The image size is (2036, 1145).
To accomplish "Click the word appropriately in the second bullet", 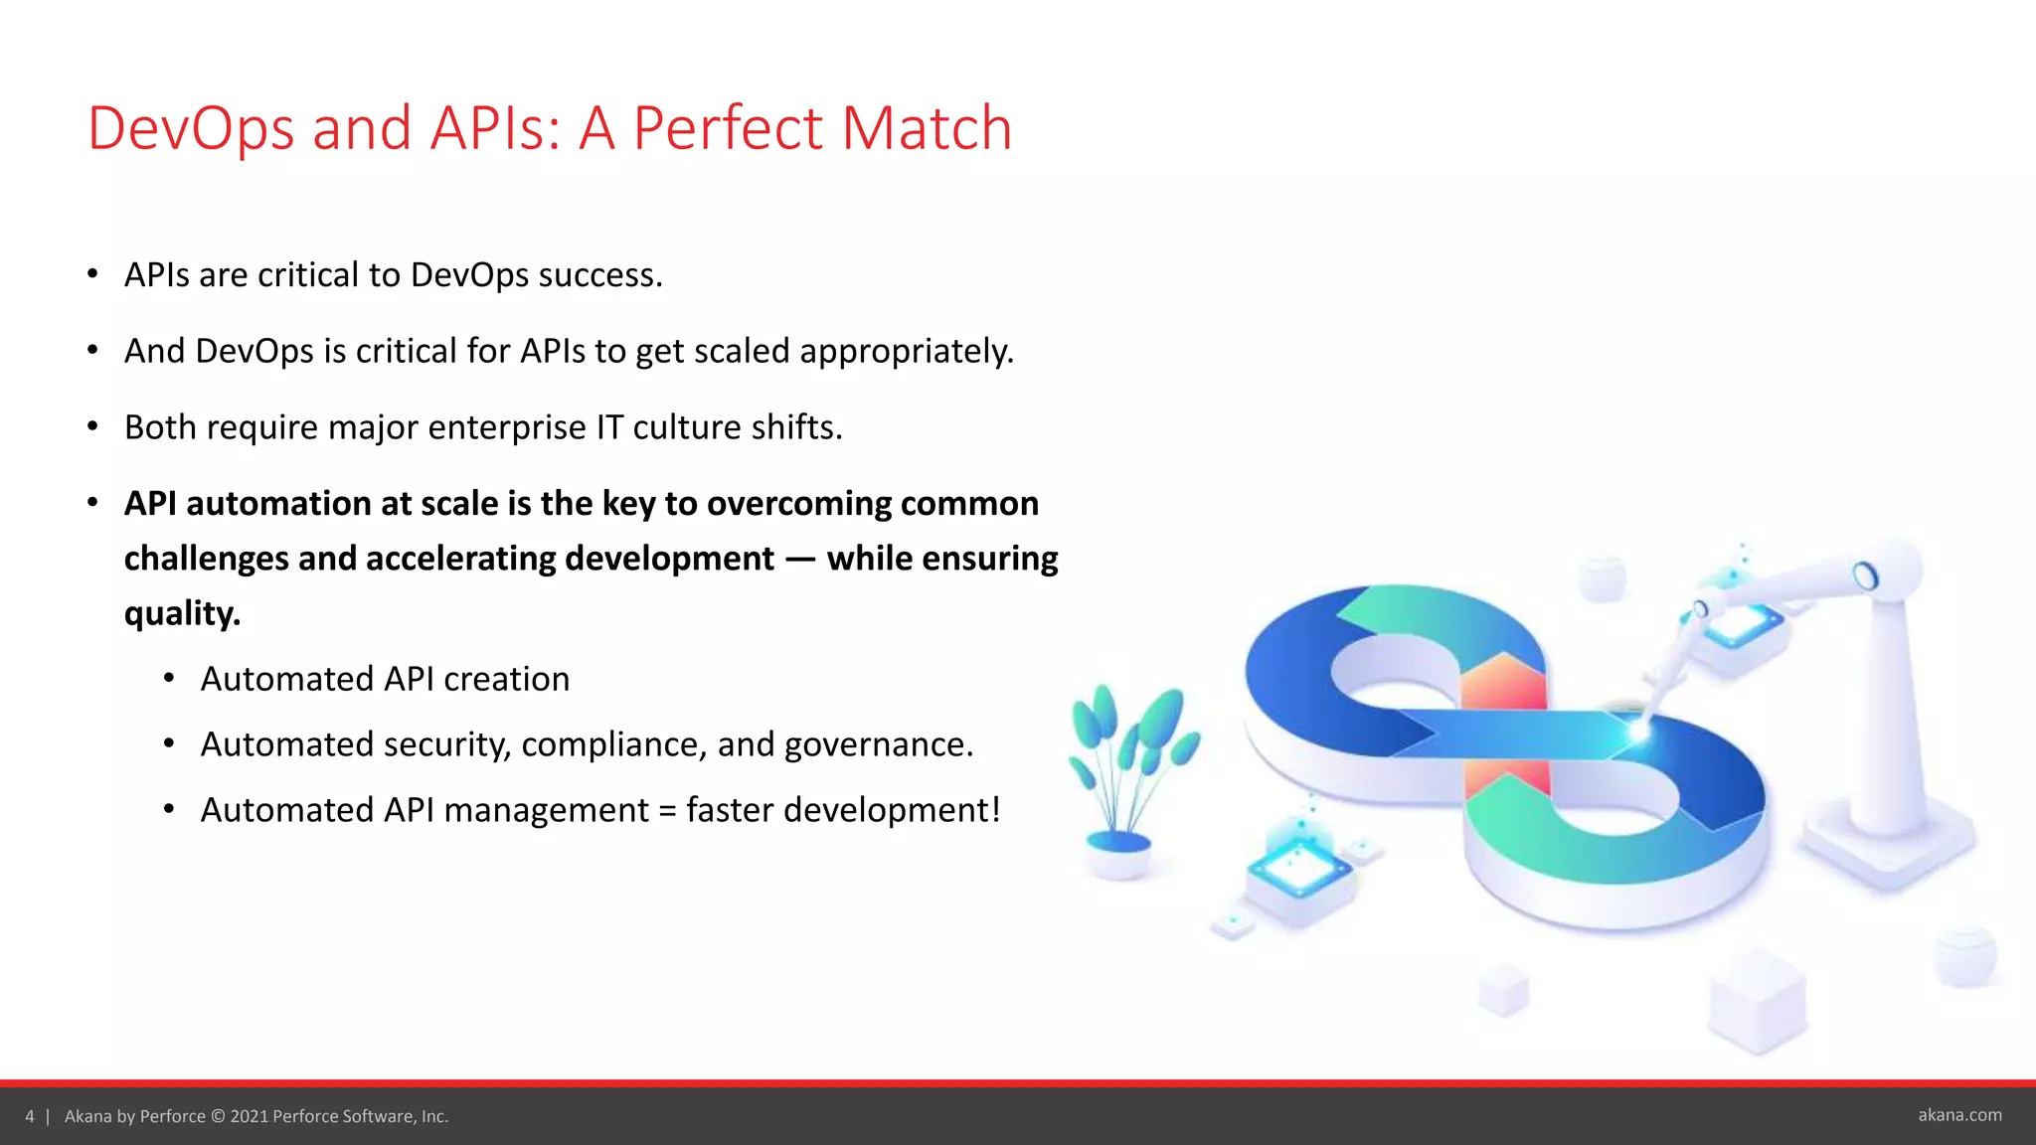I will click(906, 352).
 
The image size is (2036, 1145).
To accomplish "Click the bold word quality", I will click(182, 613).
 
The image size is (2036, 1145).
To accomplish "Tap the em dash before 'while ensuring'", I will click(800, 560).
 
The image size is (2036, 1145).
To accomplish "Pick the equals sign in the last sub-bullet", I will click(667, 811).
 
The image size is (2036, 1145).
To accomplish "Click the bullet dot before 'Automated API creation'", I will click(169, 679).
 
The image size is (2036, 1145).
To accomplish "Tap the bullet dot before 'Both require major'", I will click(92, 426).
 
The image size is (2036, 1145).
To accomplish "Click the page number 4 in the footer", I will click(30, 1116).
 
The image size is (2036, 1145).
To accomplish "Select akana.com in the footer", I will click(1959, 1115).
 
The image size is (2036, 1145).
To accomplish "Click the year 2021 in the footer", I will click(250, 1116).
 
